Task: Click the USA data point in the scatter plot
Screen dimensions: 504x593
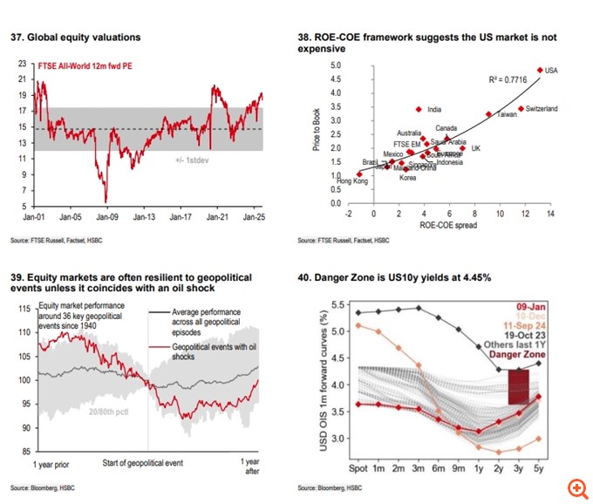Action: click(x=540, y=70)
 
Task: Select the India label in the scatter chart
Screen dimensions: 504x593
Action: click(x=434, y=110)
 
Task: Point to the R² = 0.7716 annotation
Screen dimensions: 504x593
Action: click(x=507, y=79)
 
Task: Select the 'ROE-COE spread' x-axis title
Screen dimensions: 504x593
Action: click(x=448, y=227)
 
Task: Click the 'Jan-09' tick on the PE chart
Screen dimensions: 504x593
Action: click(x=106, y=215)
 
